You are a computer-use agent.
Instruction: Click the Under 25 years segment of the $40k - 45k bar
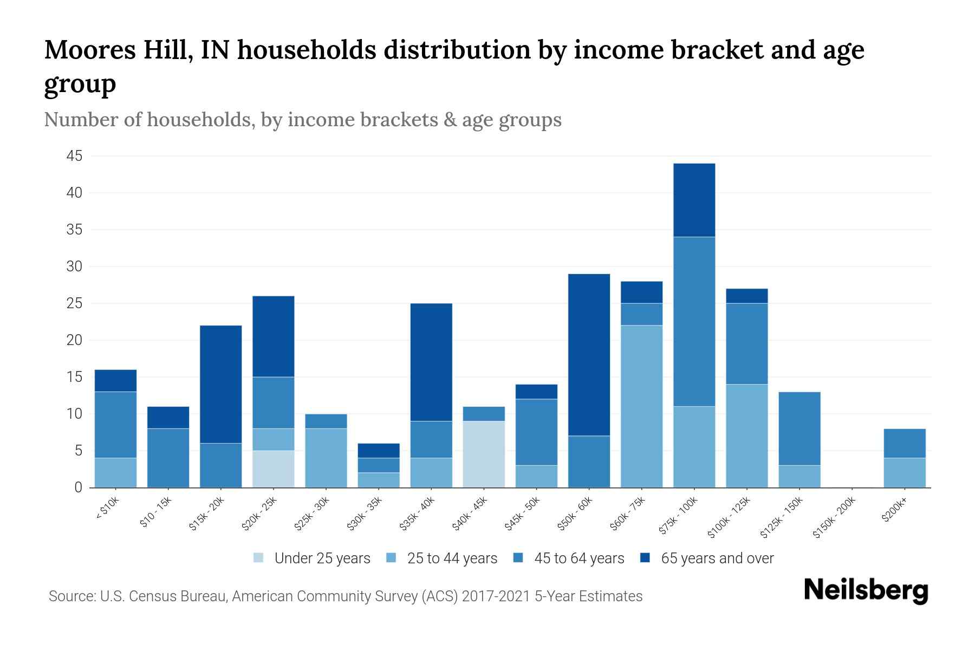coord(484,454)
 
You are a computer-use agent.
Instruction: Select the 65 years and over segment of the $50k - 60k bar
coord(589,355)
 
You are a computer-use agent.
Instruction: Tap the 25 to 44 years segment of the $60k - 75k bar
coord(641,406)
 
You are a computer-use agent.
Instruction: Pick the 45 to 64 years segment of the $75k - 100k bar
coord(694,321)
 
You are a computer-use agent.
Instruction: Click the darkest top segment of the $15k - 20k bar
coord(220,384)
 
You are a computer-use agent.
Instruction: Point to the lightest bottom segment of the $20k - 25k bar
coord(273,469)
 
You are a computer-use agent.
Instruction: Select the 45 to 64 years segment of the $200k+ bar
coord(904,443)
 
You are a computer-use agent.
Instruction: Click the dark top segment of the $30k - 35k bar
coord(379,451)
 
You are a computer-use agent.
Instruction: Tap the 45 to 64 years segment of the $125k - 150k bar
coord(799,428)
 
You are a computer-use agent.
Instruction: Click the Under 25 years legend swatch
coord(259,558)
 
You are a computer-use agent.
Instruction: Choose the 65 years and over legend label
coord(717,558)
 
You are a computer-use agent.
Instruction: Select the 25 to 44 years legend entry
coord(452,558)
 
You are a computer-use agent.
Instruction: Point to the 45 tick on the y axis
coord(74,157)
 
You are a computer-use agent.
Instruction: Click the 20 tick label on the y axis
coord(74,340)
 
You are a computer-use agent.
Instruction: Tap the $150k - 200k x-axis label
coord(835,517)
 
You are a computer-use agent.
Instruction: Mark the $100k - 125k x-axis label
coord(729,517)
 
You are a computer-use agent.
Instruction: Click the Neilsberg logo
coord(866,590)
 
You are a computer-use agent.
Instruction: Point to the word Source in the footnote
coord(70,596)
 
